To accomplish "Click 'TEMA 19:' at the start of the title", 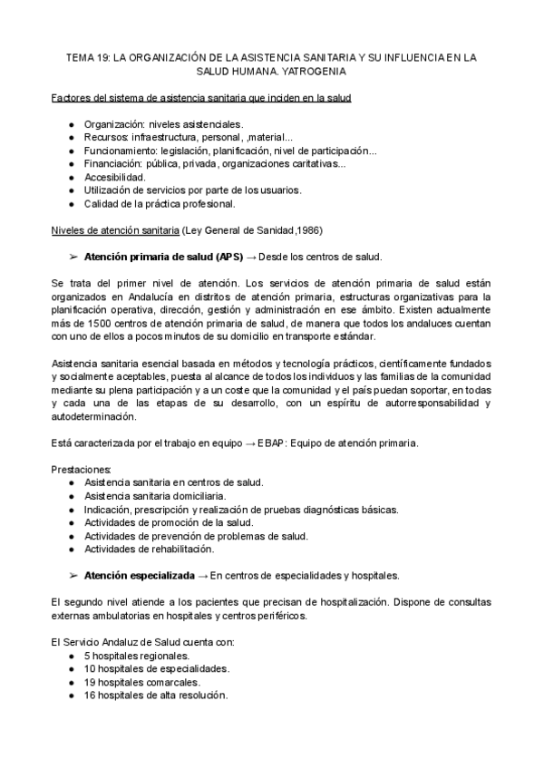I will pos(88,56).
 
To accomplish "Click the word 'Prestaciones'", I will pos(81,468).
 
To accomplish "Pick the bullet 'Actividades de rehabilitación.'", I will pos(150,549).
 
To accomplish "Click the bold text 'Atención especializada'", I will pos(139,575).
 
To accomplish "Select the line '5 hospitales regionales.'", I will pos(137,655).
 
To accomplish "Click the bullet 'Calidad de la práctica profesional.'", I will pos(160,204).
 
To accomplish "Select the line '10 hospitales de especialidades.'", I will pos(156,668).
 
